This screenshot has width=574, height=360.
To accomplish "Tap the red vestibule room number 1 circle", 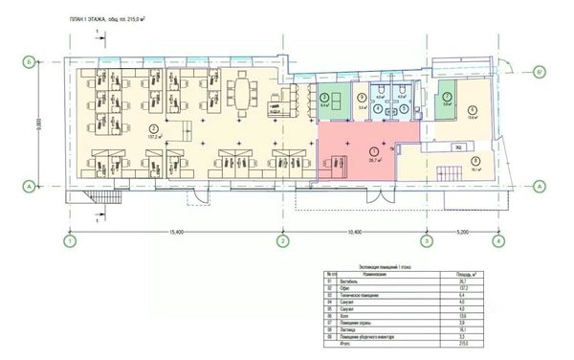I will point(374,152).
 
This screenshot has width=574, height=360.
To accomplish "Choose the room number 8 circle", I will point(475,158).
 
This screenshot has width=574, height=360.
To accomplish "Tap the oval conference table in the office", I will point(247,93).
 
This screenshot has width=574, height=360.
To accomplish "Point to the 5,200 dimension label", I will point(463,233).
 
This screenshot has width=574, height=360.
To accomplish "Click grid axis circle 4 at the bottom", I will point(498,241).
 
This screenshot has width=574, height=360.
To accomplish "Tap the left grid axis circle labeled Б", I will point(29,63).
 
